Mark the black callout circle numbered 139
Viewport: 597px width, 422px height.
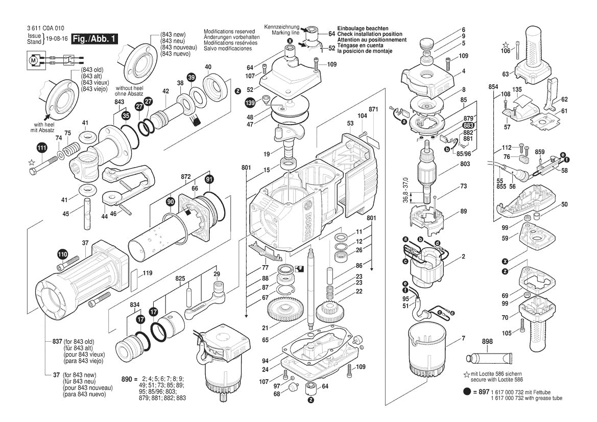(250, 103)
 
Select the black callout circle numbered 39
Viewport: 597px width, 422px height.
(191, 77)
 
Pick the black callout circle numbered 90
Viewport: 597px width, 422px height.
(170, 202)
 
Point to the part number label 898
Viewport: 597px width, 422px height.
(487, 341)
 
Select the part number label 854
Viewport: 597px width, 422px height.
(493, 87)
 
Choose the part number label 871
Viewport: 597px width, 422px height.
(373, 110)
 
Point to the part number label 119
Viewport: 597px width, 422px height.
(148, 273)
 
